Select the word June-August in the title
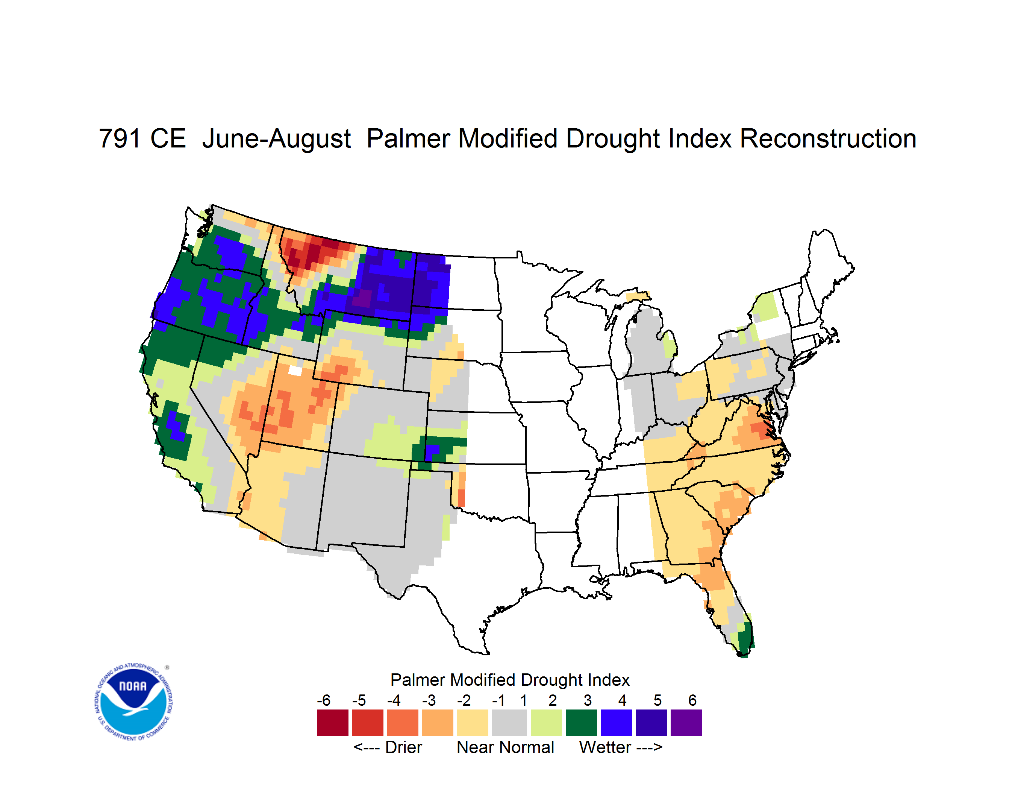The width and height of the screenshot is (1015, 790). [277, 139]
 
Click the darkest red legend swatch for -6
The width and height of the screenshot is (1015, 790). [333, 723]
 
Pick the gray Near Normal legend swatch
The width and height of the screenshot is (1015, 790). [509, 723]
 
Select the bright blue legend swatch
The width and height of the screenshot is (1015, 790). [616, 723]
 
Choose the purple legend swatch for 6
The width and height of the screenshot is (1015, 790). [686, 723]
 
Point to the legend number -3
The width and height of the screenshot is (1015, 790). [429, 700]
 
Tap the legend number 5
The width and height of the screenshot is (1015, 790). [657, 700]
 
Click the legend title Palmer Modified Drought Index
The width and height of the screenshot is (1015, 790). [510, 680]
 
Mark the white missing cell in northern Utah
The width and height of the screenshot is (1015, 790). [295, 371]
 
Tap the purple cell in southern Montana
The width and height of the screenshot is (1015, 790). [362, 298]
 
